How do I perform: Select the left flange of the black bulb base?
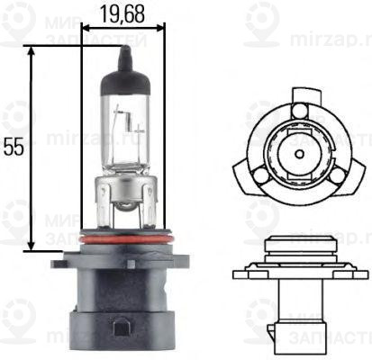pos(65,261)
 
